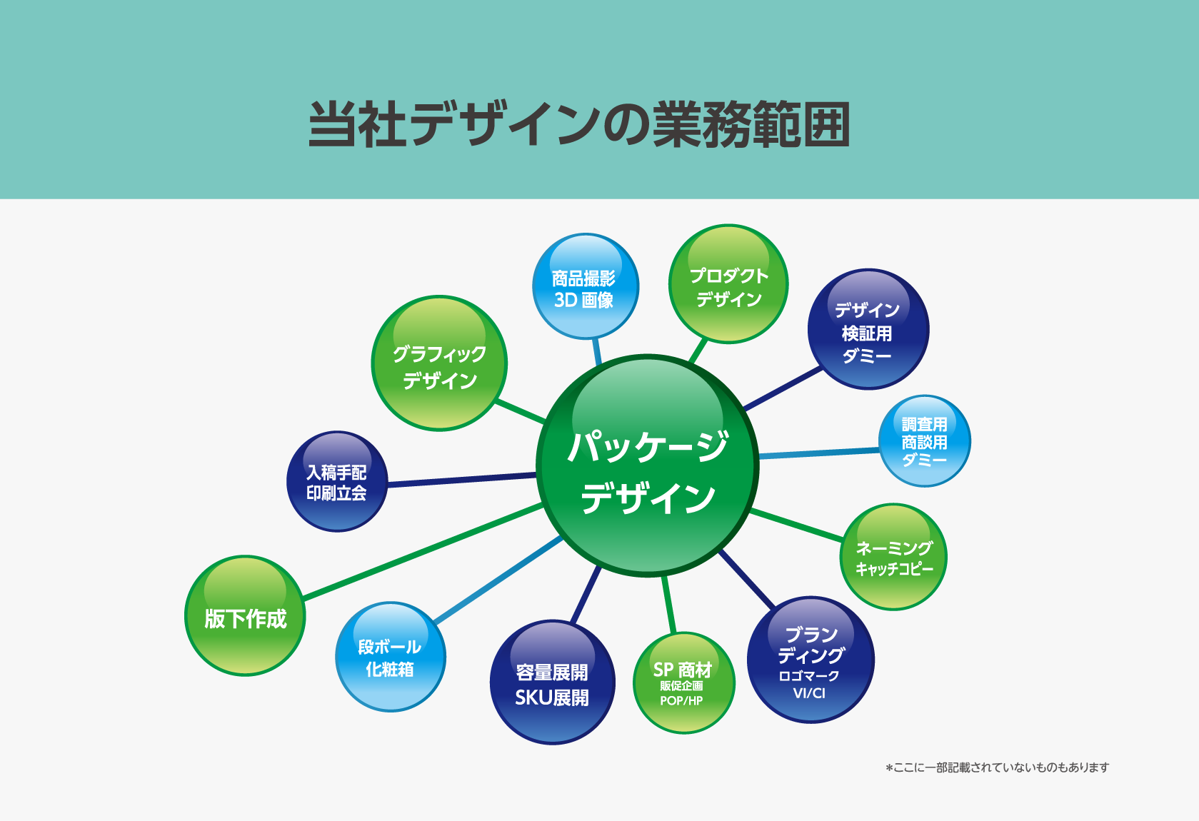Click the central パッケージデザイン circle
[x=647, y=465]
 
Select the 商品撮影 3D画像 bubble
[x=585, y=286]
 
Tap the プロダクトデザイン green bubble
[x=728, y=285]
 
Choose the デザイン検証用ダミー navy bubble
[x=868, y=330]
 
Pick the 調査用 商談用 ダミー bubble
[x=924, y=441]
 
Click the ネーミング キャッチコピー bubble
[x=893, y=558]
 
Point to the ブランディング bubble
[x=811, y=660]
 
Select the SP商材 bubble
[x=683, y=683]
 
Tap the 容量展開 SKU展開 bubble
[x=552, y=683]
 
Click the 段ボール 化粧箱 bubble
[x=390, y=657]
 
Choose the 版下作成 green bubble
[x=245, y=616]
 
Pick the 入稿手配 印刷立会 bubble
[x=336, y=481]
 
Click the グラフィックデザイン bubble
[x=439, y=363]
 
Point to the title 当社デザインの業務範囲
[x=579, y=124]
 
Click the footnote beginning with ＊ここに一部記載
[x=998, y=767]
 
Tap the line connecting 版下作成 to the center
[x=421, y=551]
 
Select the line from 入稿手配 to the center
[x=461, y=480]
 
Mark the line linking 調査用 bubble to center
[x=818, y=453]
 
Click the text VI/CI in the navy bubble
[x=809, y=693]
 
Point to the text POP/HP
[x=681, y=701]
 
